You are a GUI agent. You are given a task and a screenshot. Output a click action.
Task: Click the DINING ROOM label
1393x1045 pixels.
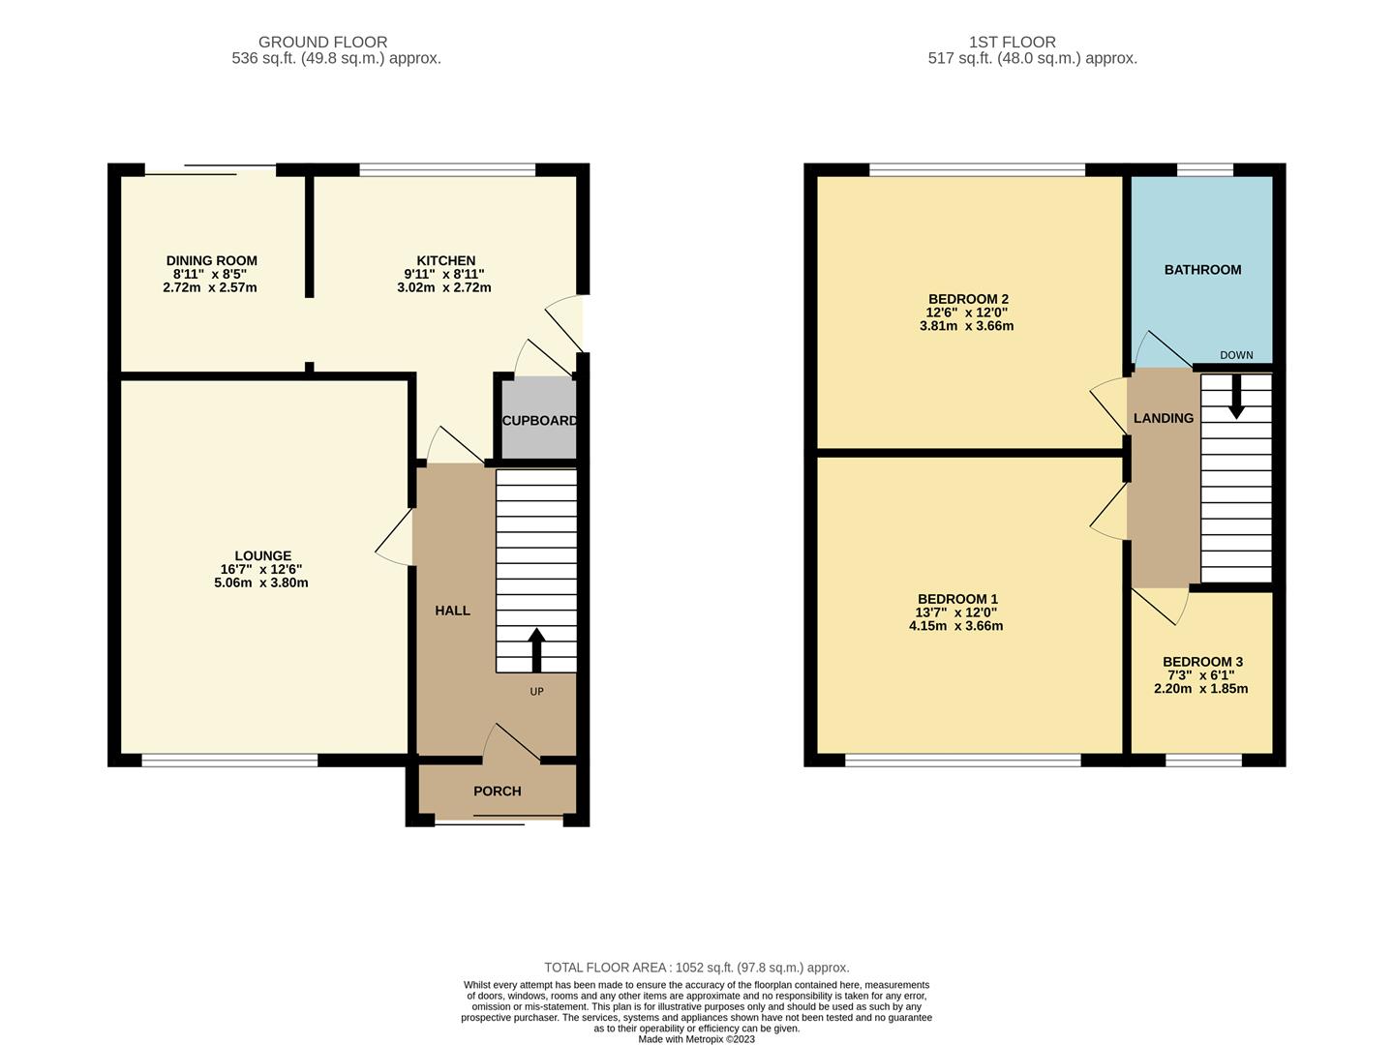[x=211, y=260]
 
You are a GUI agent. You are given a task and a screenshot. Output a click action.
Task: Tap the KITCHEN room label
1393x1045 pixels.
[x=445, y=260]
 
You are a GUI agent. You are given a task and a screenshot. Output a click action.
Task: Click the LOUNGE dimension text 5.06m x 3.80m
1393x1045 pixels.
[x=261, y=582]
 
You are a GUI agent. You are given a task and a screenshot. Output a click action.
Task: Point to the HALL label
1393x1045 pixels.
[x=452, y=611]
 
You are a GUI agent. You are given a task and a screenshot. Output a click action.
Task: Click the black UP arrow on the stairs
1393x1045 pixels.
[x=536, y=650]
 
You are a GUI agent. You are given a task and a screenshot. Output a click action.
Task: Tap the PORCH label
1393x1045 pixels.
[x=497, y=791]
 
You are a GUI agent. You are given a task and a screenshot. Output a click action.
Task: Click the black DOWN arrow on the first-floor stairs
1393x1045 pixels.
[x=1235, y=398]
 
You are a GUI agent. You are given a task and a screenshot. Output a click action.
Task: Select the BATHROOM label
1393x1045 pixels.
[x=1202, y=270]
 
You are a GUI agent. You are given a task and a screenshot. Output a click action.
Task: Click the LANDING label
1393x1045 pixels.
[x=1163, y=418]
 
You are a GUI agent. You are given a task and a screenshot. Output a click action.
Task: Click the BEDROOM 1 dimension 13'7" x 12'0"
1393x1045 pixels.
[x=955, y=612]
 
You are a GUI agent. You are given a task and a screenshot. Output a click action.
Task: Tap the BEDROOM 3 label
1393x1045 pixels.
[x=1202, y=662]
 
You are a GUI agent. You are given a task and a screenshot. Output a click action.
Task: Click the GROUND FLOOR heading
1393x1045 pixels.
[x=322, y=42]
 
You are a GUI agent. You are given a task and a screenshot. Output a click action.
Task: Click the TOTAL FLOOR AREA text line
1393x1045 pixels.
[x=696, y=967]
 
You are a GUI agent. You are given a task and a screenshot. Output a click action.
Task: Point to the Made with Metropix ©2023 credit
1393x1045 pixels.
[x=696, y=1039]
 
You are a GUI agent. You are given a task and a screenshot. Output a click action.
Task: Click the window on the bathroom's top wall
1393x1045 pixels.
[x=1204, y=170]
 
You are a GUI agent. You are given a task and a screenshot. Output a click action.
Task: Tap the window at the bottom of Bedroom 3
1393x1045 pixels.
[x=1202, y=761]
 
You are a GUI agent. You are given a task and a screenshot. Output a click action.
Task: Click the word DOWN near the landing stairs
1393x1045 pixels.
[x=1236, y=355]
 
